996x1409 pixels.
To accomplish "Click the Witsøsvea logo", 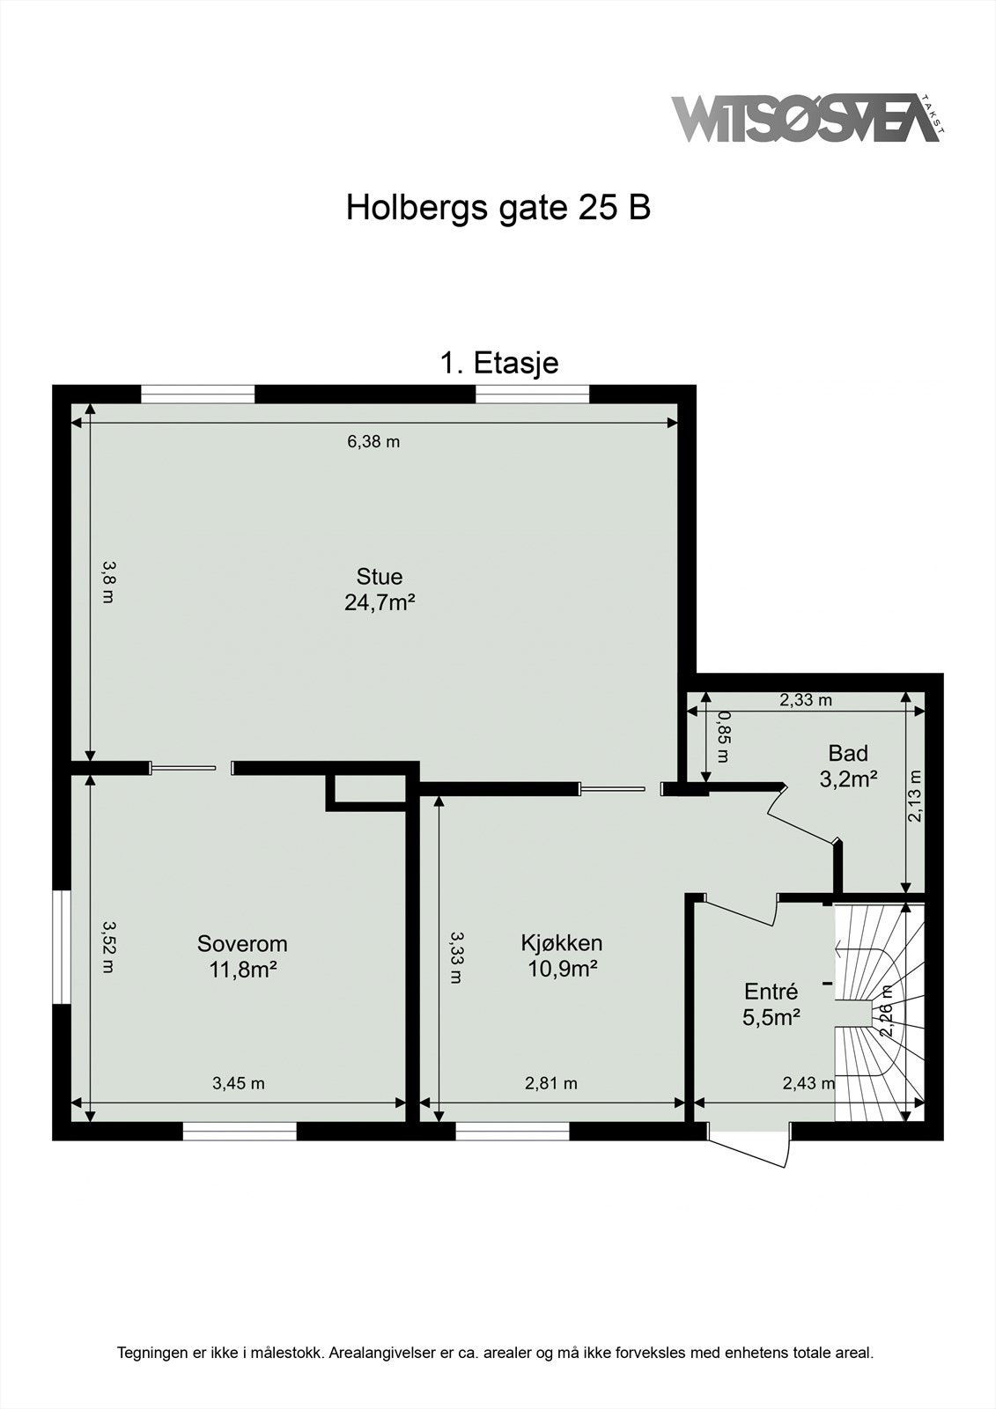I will [806, 118].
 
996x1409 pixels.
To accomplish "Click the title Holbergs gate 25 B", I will [498, 208].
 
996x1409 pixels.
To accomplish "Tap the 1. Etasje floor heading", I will [498, 362].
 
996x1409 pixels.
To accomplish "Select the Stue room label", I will [380, 589].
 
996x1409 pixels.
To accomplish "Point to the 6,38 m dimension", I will [373, 441].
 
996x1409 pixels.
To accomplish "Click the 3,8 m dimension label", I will [107, 582].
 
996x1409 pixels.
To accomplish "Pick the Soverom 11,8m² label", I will [242, 956].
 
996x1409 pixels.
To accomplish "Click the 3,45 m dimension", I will [238, 1083].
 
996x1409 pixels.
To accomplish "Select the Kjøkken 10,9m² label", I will [561, 955].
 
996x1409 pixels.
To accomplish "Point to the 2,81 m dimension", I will [551, 1083].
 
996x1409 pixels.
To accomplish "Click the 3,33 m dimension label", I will [455, 957].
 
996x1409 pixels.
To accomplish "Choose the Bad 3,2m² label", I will [848, 765].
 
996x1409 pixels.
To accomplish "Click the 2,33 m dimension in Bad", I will [806, 700].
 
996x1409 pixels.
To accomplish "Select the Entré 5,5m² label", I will [771, 1005].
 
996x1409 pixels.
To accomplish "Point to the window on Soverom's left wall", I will [61, 947].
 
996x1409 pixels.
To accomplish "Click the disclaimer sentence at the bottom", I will [496, 1352].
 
